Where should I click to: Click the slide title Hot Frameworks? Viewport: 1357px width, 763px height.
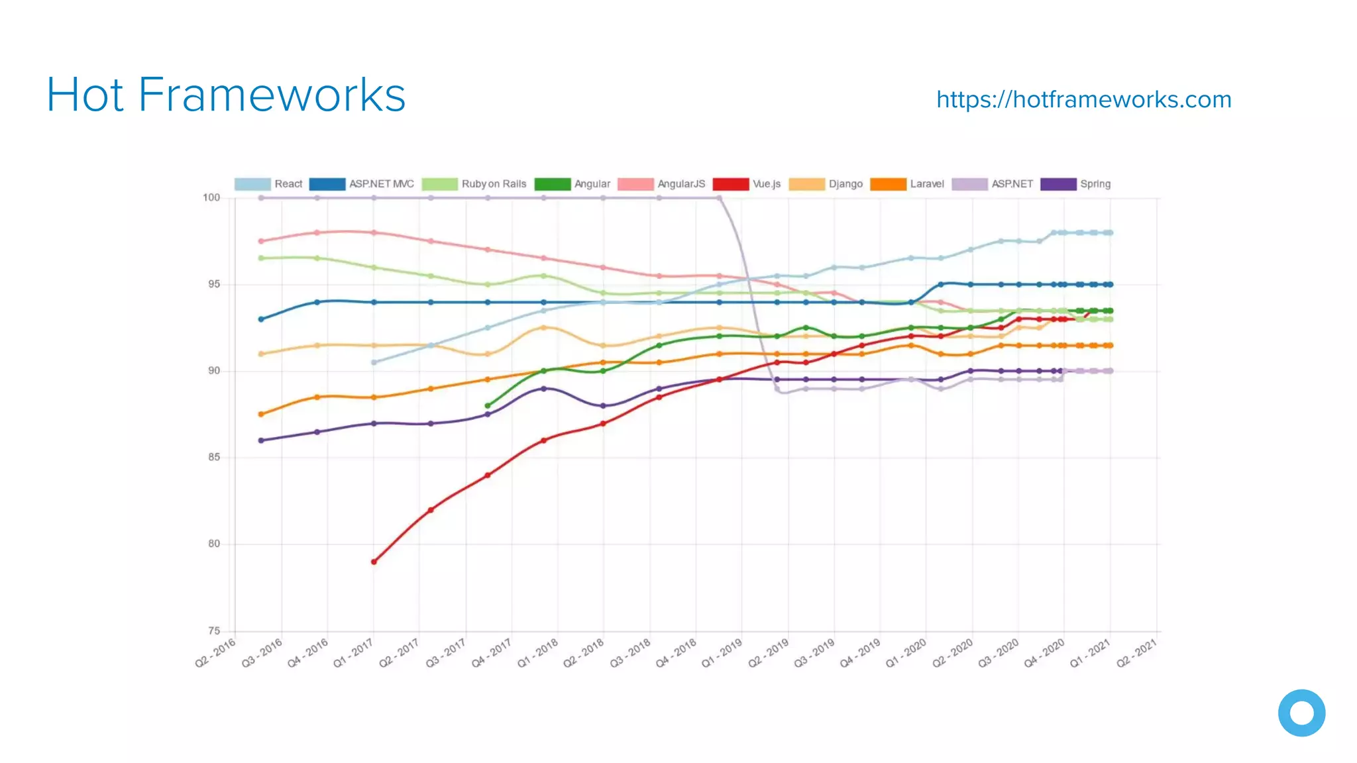click(226, 95)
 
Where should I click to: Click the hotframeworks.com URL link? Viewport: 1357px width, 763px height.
click(1083, 99)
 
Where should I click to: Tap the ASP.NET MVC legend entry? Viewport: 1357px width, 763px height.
click(362, 184)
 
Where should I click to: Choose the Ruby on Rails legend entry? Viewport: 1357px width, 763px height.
click(474, 184)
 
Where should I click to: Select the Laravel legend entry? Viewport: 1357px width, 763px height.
click(907, 184)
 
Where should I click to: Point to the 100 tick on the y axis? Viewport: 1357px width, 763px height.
click(211, 197)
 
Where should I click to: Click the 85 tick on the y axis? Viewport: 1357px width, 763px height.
click(214, 457)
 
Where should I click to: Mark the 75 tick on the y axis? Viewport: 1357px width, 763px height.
click(214, 631)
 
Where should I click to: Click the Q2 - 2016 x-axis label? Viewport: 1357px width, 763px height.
click(215, 653)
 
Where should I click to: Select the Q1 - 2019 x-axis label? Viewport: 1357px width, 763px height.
click(722, 653)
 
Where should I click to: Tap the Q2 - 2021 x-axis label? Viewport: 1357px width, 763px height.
click(1136, 653)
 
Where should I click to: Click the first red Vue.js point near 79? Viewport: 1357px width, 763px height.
click(374, 562)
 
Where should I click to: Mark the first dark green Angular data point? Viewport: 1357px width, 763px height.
click(488, 405)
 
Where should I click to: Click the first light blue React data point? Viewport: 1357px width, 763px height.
click(374, 362)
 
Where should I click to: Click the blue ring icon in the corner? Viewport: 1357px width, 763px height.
click(1301, 713)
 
